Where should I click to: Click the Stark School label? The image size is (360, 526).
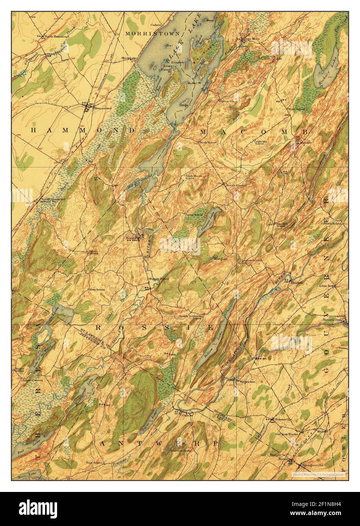coord(208,142)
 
